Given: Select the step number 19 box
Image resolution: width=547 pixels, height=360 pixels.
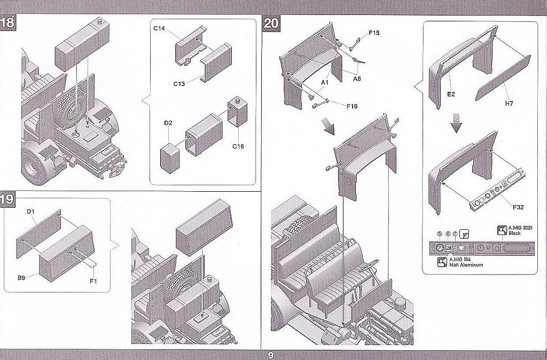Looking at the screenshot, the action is [x=7, y=200].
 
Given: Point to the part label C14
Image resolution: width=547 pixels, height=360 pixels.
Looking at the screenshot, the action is [x=159, y=28].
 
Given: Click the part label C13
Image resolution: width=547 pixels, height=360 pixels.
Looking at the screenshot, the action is [x=179, y=83].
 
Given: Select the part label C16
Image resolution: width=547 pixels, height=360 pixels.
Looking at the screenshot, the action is [x=238, y=146].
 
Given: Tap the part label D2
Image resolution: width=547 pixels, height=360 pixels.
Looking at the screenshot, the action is [x=168, y=123].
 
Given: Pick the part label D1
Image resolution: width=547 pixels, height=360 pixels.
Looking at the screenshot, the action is [x=30, y=212].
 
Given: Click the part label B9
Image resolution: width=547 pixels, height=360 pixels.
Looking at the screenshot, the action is [x=21, y=277].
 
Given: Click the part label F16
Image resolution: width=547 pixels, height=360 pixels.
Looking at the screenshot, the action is [x=351, y=106].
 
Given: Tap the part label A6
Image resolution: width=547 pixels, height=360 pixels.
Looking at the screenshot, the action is [x=357, y=78].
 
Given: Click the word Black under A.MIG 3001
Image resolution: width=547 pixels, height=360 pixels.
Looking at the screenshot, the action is [x=514, y=234].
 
